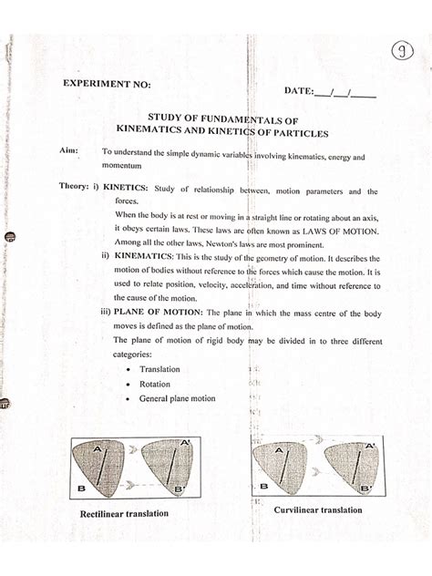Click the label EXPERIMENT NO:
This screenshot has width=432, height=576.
107,85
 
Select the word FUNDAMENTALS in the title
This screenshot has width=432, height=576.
234,118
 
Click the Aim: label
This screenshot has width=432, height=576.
68,156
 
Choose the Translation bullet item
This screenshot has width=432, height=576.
159,369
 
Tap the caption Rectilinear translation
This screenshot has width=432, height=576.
126,513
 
